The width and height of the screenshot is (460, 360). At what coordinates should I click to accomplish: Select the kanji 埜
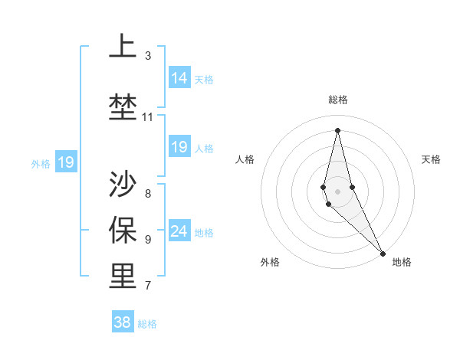click(x=123, y=105)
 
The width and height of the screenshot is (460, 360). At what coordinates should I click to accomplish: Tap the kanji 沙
click(x=123, y=184)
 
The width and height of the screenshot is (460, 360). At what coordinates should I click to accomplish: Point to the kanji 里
click(x=123, y=276)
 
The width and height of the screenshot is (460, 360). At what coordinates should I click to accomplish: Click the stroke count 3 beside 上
click(x=148, y=56)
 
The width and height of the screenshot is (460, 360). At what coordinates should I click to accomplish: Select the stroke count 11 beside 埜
click(x=148, y=117)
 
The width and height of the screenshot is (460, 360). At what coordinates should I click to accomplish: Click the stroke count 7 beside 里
click(x=148, y=286)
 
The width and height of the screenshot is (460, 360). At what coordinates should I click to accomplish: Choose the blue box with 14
click(x=179, y=78)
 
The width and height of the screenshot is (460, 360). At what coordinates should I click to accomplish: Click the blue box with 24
click(x=179, y=231)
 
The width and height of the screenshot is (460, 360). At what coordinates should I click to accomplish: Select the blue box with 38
click(x=123, y=322)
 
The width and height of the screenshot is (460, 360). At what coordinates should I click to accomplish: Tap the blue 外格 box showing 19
click(x=65, y=162)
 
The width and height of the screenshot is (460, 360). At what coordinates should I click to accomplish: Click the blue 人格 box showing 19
click(x=179, y=147)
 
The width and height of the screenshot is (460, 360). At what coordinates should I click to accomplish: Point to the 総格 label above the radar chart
click(x=338, y=100)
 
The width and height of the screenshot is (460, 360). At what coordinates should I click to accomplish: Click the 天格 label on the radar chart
click(x=431, y=159)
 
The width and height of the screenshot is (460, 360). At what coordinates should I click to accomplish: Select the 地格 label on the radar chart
click(x=402, y=262)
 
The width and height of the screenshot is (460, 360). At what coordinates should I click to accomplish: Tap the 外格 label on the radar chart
click(x=270, y=262)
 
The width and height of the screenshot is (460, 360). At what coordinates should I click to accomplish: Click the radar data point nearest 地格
click(x=383, y=253)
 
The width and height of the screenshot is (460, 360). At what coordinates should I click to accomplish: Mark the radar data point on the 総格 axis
click(x=337, y=129)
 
